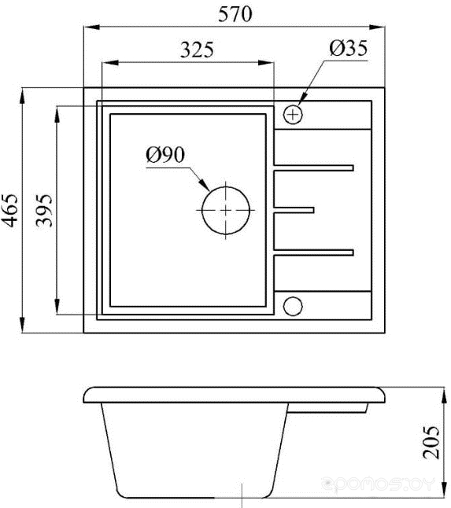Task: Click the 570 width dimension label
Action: tap(235, 14)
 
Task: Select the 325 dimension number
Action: tap(197, 50)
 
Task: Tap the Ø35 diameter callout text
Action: tap(348, 48)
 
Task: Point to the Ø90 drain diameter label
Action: tap(165, 155)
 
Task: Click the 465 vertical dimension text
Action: tap(10, 210)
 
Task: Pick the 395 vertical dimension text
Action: tap(44, 210)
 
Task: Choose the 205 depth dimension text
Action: tap(431, 442)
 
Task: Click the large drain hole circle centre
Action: tap(226, 210)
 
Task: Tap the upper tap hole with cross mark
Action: tap(293, 114)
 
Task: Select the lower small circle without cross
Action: tap(293, 306)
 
